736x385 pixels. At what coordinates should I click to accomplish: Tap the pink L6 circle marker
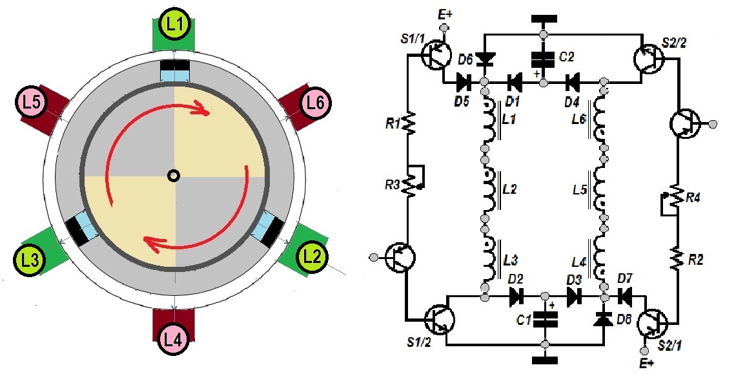[x=314, y=101]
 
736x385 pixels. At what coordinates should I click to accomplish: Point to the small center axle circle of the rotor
[x=173, y=175]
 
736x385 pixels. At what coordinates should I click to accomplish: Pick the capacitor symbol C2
[x=543, y=59]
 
